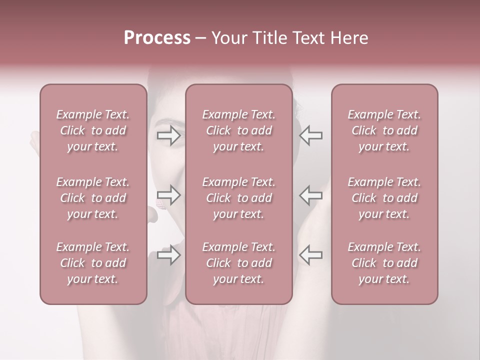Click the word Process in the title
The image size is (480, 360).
coord(157,38)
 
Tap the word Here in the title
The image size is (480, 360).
coord(349,38)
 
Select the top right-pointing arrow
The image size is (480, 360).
coord(169,135)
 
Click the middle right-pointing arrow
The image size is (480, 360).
coord(169,195)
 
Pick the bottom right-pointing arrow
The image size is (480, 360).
coord(169,255)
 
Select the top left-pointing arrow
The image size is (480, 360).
coord(311,135)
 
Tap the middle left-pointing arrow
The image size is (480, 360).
coord(311,195)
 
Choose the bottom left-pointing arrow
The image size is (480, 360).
coord(311,255)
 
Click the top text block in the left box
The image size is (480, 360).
coord(93,130)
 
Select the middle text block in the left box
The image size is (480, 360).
coord(93,198)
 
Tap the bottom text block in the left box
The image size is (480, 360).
coord(93,263)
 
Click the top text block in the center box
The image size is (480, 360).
coord(239,130)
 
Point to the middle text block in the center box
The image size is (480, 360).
coord(239,198)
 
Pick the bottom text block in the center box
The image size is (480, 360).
coord(239,263)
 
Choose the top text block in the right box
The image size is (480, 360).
coord(384,130)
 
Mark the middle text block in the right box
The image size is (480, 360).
coord(384,198)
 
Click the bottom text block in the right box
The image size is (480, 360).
coord(384,263)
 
